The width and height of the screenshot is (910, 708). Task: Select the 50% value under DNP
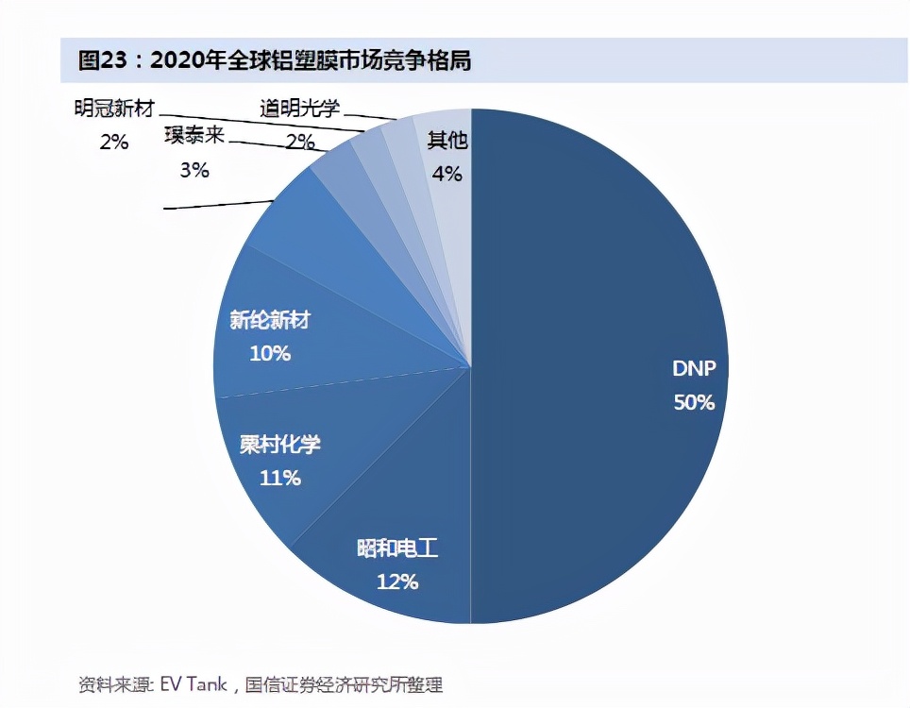[694, 402]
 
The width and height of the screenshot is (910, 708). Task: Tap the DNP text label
[694, 369]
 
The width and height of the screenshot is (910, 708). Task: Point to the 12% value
[396, 582]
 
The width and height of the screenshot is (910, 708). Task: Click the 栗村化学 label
[279, 445]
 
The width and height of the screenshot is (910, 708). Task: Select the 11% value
[279, 478]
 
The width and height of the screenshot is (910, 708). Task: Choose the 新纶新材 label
[270, 321]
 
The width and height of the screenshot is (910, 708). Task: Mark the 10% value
[270, 354]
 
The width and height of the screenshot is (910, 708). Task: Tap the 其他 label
[447, 141]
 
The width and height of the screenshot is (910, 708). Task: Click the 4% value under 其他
[447, 174]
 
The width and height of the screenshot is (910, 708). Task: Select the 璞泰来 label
[194, 136]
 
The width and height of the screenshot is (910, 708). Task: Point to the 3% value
[194, 170]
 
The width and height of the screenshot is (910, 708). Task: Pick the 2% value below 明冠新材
[113, 142]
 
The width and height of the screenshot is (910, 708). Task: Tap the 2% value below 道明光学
[300, 142]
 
